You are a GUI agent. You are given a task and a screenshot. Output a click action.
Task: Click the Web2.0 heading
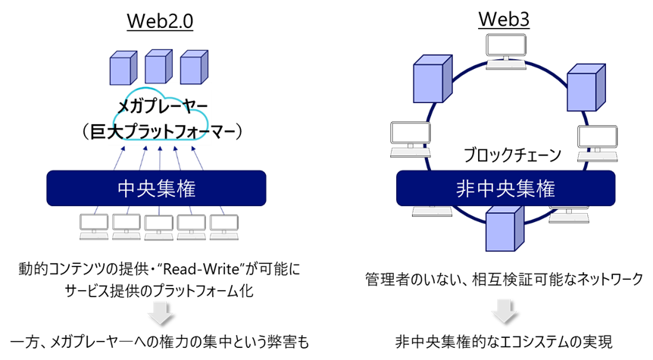click(x=159, y=20)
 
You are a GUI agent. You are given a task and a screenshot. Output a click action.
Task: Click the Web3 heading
click(x=503, y=20)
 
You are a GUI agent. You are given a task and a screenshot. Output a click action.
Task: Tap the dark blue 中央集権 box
click(x=158, y=187)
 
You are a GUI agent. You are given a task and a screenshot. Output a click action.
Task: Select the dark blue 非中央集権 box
click(x=505, y=187)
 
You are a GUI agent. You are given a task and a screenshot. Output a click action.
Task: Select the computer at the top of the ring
click(x=505, y=53)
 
